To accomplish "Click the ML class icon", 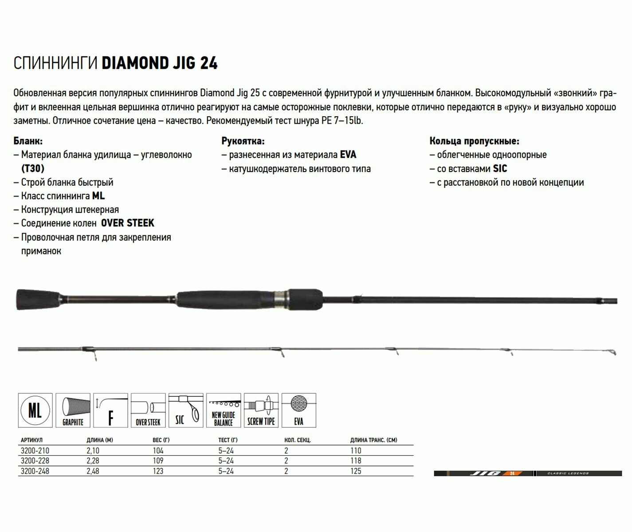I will click(x=35, y=411).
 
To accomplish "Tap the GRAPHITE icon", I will click(x=73, y=411).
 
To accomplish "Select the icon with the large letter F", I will click(x=110, y=411).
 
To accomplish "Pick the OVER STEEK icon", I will click(x=148, y=411).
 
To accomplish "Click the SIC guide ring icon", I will click(x=186, y=411).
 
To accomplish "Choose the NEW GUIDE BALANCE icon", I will click(x=224, y=411).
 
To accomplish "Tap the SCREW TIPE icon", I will click(x=261, y=411).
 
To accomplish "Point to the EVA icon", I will click(x=299, y=411).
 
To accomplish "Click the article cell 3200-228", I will click(x=35, y=461).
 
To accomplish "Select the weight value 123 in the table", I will click(x=158, y=471).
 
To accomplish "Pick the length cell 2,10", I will click(x=93, y=451).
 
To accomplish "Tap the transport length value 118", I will click(x=356, y=461).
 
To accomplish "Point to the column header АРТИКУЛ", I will click(x=31, y=440).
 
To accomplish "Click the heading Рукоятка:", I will click(x=243, y=141).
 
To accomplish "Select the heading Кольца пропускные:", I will click(x=474, y=141).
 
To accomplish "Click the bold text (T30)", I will click(x=33, y=168).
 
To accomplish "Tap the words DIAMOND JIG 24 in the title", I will click(x=160, y=63).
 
